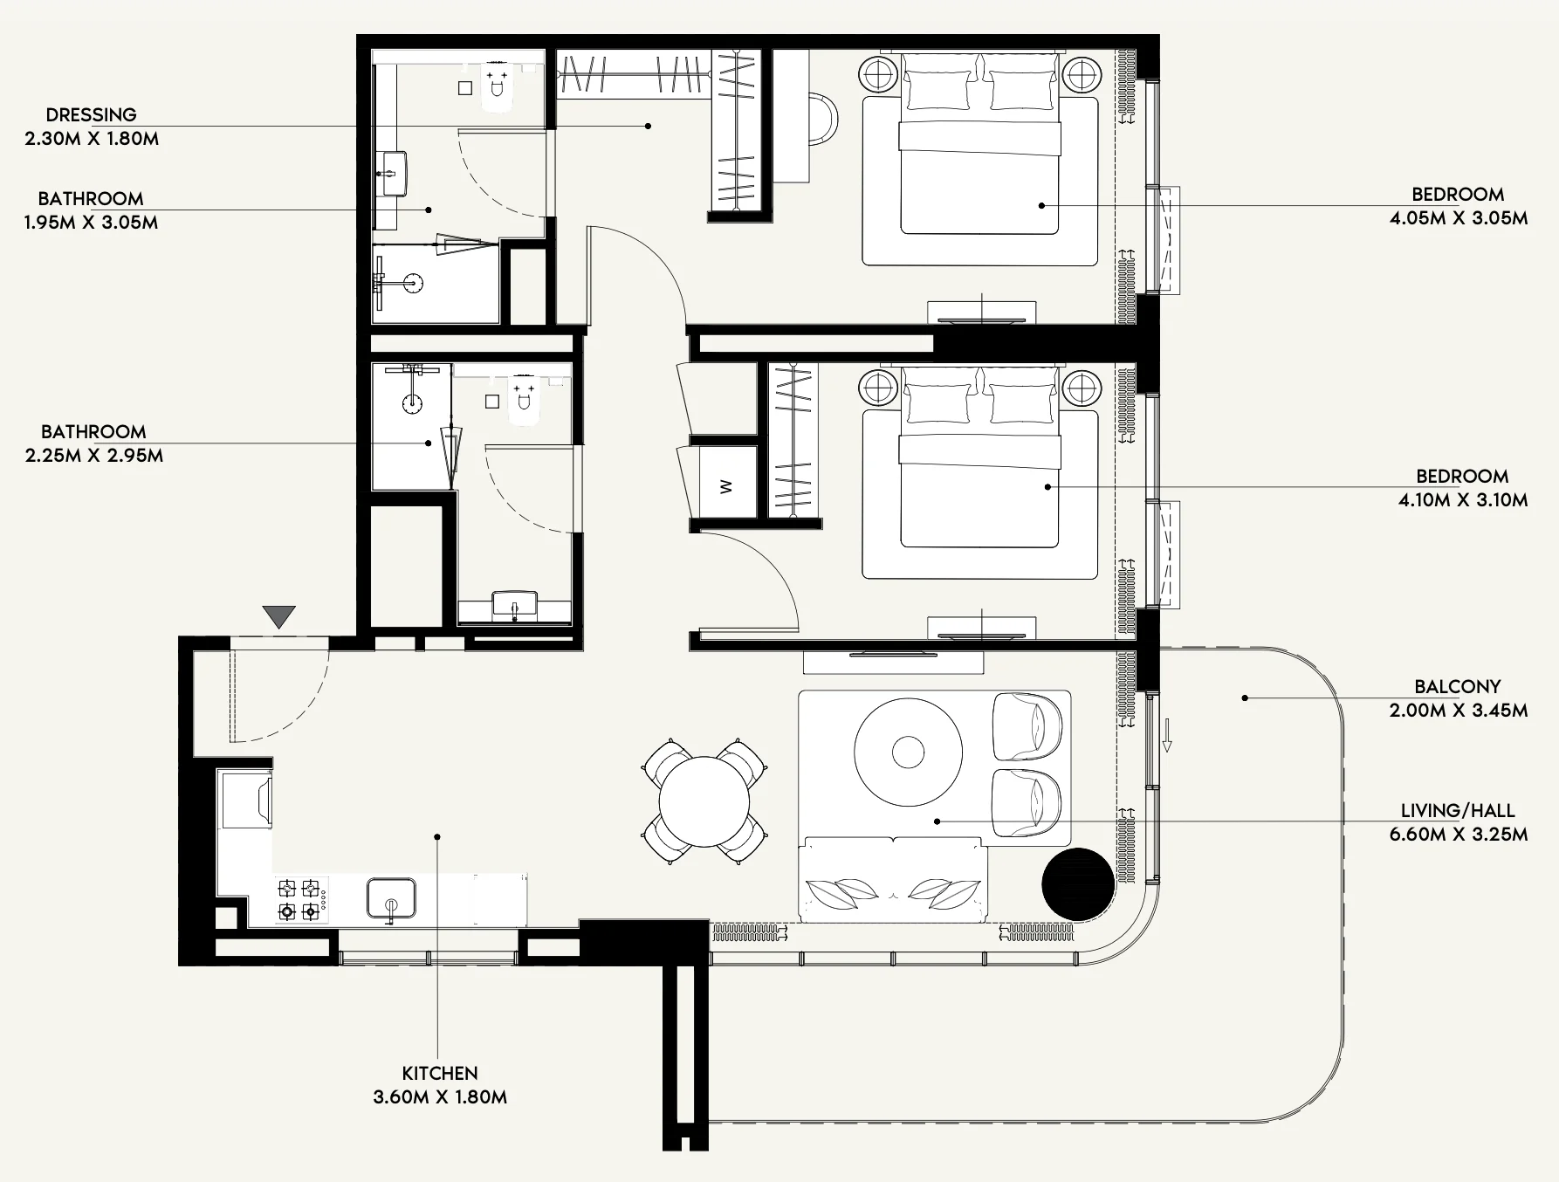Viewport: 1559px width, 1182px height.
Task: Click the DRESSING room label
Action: [92, 114]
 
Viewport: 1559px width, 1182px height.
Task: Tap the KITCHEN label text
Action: [440, 1074]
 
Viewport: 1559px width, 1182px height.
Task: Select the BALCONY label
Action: [1458, 687]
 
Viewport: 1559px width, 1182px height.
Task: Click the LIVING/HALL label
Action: [1458, 811]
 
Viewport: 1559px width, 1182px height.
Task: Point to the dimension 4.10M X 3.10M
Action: [1463, 500]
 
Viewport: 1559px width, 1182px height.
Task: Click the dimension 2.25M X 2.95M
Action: [94, 456]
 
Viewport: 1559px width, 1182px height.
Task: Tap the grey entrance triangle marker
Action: [279, 617]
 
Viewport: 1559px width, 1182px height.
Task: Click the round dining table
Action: [704, 801]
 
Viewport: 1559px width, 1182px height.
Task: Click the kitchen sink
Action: [391, 898]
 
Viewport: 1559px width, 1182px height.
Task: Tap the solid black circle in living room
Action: [1078, 884]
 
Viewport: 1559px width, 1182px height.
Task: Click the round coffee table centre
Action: [909, 752]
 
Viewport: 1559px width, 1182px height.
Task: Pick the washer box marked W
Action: [726, 486]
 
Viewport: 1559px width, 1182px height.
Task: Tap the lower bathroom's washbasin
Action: [515, 604]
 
